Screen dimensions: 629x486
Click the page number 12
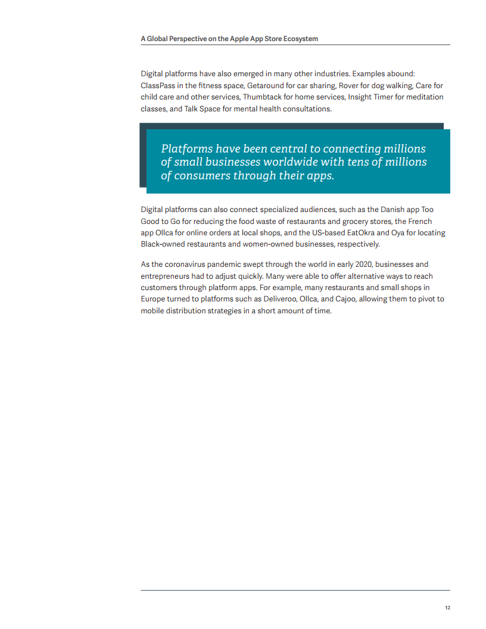pyautogui.click(x=447, y=608)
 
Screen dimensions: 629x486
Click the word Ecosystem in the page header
pyautogui.click(x=298, y=39)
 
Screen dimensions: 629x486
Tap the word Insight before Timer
pyautogui.click(x=360, y=97)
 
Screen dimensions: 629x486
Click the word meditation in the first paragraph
pyautogui.click(x=423, y=97)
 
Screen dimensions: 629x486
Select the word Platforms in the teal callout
pyautogui.click(x=186, y=149)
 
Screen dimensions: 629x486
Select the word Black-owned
pyautogui.click(x=164, y=244)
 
